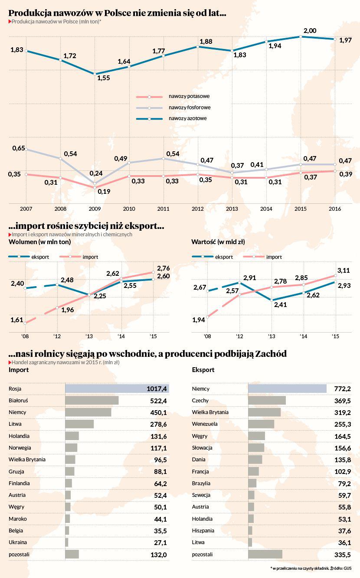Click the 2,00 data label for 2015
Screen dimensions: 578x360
pyautogui.click(x=310, y=30)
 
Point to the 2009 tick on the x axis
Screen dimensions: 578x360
pyautogui.click(x=95, y=209)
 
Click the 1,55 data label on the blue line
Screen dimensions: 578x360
pyautogui.click(x=104, y=78)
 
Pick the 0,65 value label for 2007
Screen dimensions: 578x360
pyautogui.click(x=19, y=148)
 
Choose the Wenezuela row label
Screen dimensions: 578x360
pyautogui.click(x=205, y=424)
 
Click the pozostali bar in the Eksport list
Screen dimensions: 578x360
pyautogui.click(x=265, y=554)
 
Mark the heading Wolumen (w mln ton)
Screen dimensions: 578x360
pyautogui.click(x=33, y=242)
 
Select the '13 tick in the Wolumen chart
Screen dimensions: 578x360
pyautogui.click(x=88, y=336)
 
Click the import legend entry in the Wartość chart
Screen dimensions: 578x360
pyautogui.click(x=274, y=257)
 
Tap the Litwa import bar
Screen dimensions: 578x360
pyautogui.click(x=79, y=424)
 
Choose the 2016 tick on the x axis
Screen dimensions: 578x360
pyautogui.click(x=334, y=209)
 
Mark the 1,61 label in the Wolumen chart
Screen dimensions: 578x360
pyautogui.click(x=16, y=320)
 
